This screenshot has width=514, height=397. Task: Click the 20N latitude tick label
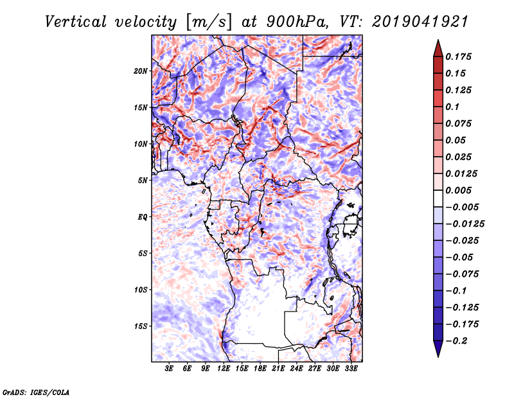[x=140, y=71]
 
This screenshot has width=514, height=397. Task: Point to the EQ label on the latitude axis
[x=142, y=217]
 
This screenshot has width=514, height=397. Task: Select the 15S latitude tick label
[x=140, y=326]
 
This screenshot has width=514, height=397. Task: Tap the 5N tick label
[x=142, y=181]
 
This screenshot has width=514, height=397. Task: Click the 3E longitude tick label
[x=170, y=369]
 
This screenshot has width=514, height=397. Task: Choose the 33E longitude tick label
[x=351, y=369]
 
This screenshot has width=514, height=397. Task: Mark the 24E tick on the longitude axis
[x=296, y=369]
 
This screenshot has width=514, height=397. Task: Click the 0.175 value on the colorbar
[x=459, y=57]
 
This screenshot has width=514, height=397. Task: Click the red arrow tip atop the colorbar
[x=437, y=46]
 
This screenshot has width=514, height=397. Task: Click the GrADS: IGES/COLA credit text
[x=35, y=391]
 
